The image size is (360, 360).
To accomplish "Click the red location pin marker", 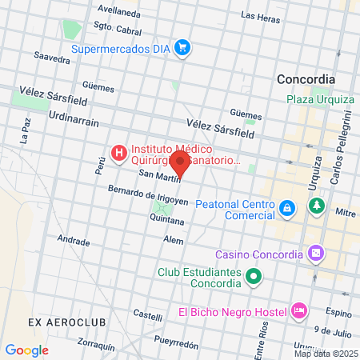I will point(182,167).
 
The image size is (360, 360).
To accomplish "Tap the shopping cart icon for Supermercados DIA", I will point(183,48).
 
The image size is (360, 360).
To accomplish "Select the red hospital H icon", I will point(118,152).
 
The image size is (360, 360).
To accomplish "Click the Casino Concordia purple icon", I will point(316,254).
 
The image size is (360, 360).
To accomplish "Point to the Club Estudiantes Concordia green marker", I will point(254,278).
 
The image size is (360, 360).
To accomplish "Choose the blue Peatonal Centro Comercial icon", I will point(286,209).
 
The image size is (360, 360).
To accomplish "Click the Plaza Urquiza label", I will point(320,99).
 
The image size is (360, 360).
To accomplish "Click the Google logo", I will point(26,350).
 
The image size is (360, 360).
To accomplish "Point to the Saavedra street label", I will point(54,58).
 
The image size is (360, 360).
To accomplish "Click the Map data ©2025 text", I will point(326,354).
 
